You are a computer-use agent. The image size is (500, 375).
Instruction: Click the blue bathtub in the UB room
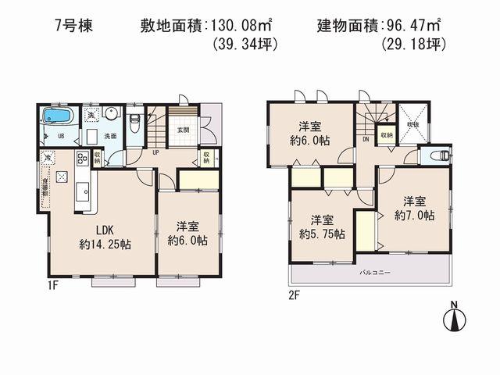pos(57,116)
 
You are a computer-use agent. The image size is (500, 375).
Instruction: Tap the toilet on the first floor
pos(134,121)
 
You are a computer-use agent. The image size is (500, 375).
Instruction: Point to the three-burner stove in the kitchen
pos(82,162)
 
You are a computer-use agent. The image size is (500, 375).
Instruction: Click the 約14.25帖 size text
pos(104,244)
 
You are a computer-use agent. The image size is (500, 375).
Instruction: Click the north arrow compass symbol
pos(454,318)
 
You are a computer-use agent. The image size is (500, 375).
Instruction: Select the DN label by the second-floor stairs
pos(366,140)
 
